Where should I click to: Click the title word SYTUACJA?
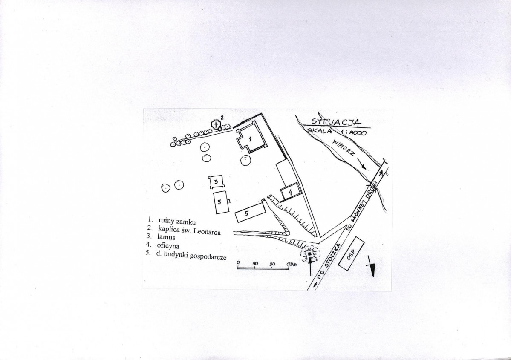(336, 122)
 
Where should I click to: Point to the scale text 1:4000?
(353, 132)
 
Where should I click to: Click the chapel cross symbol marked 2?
(216, 124)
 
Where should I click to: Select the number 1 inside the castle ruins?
(250, 139)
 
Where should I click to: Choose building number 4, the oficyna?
(290, 192)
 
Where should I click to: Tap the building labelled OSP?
(351, 253)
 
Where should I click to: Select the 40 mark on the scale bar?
(255, 264)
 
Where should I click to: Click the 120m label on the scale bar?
(292, 264)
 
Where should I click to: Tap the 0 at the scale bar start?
(238, 262)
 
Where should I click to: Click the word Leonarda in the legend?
(207, 232)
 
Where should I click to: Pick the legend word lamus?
(166, 237)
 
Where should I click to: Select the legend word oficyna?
(168, 245)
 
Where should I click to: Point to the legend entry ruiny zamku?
(177, 221)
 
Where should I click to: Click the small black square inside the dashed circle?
(309, 254)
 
